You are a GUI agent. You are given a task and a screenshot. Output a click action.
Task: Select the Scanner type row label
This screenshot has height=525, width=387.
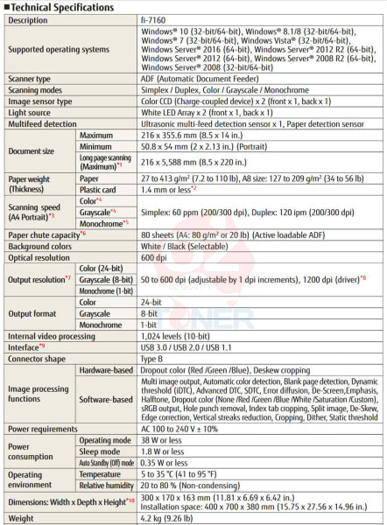30,78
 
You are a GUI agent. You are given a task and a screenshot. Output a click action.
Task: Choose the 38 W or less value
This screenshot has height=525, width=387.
160,441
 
